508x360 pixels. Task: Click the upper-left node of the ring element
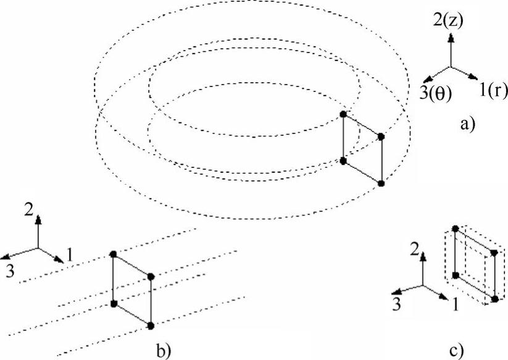(344, 114)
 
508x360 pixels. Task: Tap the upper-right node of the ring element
(381, 136)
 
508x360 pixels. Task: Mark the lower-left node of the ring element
(344, 161)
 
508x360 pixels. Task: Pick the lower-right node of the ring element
(381, 183)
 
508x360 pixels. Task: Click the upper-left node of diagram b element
(113, 254)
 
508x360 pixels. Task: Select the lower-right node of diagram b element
(151, 324)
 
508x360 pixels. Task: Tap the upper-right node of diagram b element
(151, 276)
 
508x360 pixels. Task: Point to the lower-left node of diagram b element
(113, 303)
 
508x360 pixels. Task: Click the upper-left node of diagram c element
(456, 229)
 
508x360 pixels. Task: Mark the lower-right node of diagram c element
(494, 299)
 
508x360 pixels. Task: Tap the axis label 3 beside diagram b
(10, 270)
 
